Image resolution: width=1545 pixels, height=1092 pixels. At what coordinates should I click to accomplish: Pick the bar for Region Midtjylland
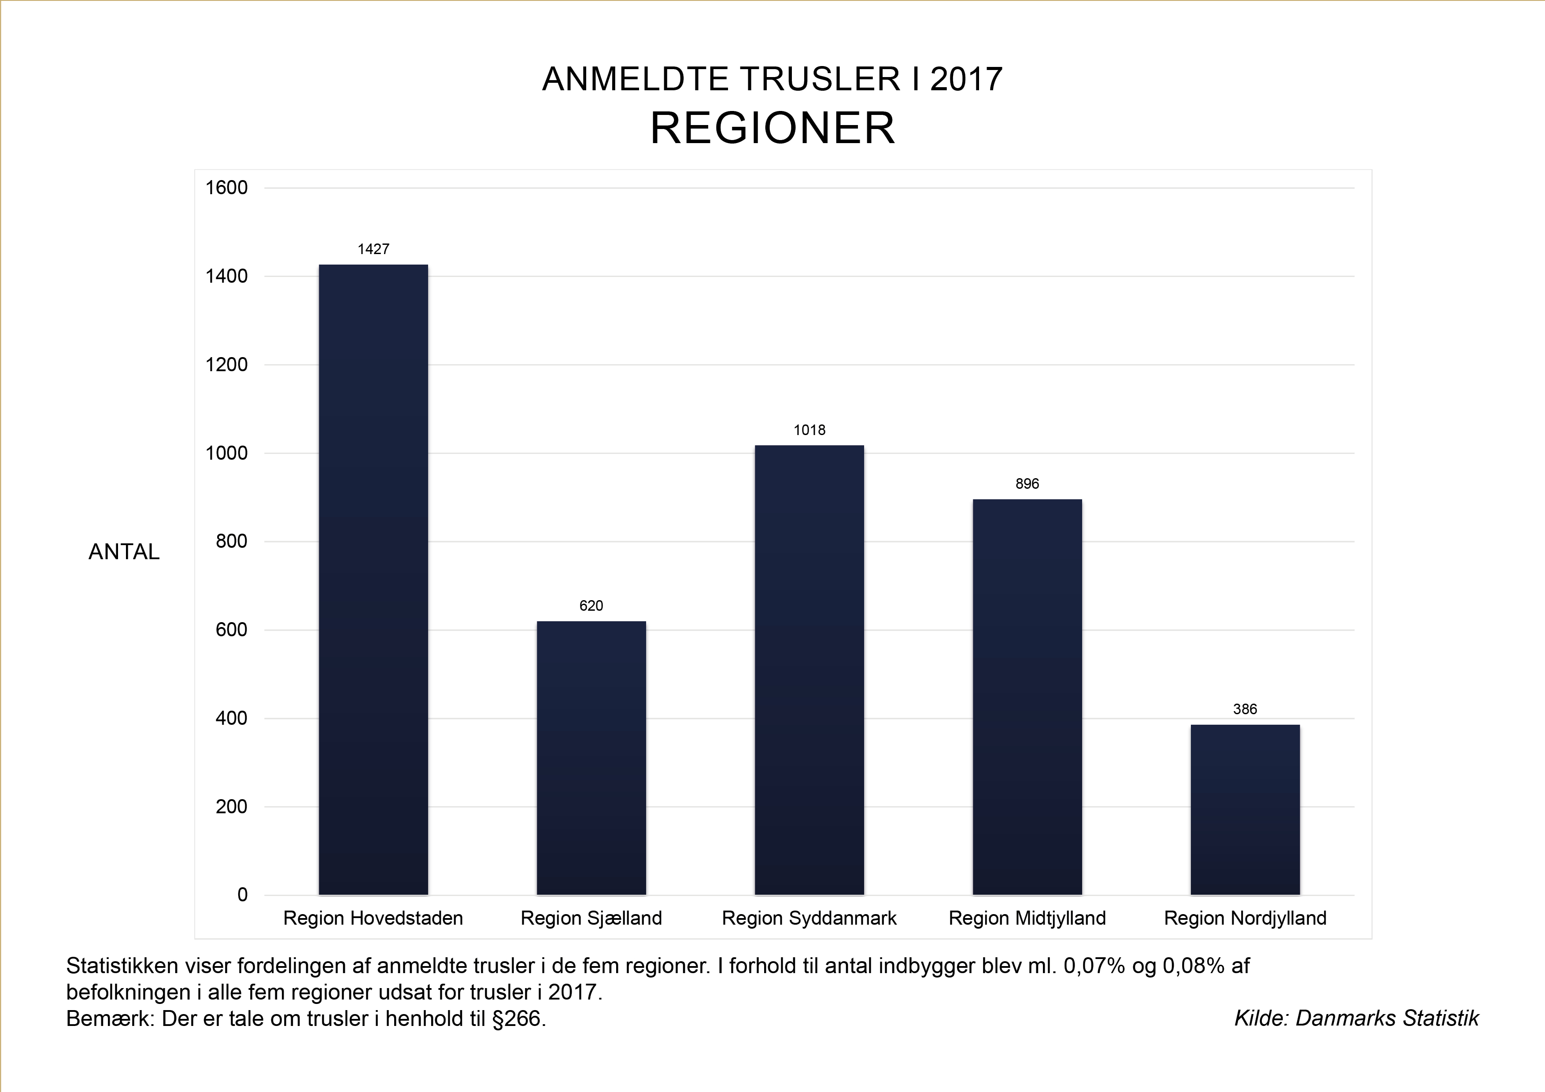coord(1027,697)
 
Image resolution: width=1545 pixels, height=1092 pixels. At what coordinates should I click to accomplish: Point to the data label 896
coord(1027,484)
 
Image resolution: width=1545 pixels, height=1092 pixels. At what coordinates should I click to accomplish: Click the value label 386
coord(1245,709)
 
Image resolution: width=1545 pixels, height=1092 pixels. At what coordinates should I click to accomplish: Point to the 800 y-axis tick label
coord(232,542)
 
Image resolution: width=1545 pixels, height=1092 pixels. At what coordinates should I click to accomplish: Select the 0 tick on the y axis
coord(242,895)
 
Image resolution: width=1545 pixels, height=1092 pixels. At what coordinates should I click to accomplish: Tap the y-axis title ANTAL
coord(124,552)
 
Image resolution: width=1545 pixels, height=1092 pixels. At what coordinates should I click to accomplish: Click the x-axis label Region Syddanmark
coord(809,919)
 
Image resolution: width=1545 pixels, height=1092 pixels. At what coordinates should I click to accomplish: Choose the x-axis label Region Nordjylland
coord(1245,919)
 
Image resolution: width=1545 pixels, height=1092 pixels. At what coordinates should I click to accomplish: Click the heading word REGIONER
coord(772,128)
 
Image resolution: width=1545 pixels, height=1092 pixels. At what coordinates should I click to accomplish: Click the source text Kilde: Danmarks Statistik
coord(1356,1018)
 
